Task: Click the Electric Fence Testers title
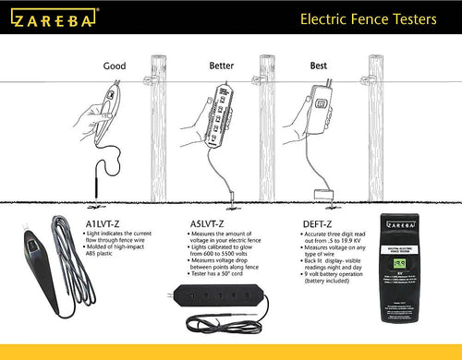pos(373,18)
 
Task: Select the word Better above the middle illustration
pos(215,66)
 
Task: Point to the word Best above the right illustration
pos(318,66)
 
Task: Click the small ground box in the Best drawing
pos(323,193)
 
